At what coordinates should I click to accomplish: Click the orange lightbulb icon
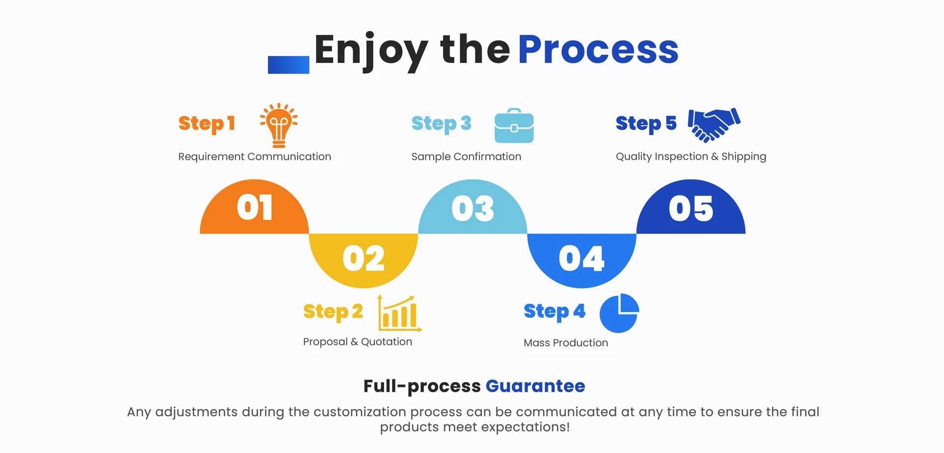(279, 126)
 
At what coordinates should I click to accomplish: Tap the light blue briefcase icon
(514, 126)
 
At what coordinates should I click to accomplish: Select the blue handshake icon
(713, 125)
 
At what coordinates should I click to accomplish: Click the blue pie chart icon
(619, 313)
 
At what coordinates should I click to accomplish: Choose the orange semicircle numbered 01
(254, 209)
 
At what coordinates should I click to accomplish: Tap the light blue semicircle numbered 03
(472, 209)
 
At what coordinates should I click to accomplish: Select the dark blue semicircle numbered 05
(691, 209)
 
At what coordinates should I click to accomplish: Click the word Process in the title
(598, 50)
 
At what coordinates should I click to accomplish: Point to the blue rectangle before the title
(288, 65)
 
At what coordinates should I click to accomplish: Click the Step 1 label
(206, 123)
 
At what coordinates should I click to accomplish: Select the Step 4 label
(554, 311)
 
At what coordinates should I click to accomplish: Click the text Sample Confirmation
(466, 157)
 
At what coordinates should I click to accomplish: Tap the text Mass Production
(565, 343)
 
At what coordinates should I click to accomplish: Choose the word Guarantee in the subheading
(535, 386)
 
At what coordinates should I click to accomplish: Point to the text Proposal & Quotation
(357, 342)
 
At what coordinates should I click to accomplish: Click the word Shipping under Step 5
(743, 157)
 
